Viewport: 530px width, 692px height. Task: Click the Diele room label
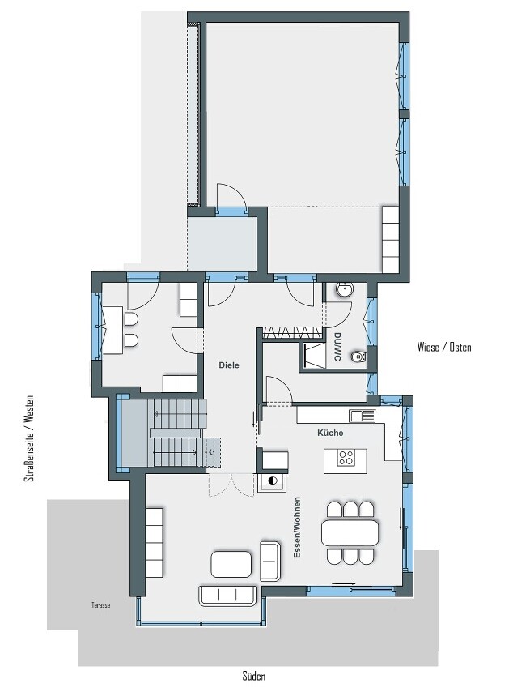coord(229,365)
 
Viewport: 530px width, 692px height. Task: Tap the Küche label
coord(330,433)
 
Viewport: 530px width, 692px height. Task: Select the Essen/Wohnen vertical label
coord(298,528)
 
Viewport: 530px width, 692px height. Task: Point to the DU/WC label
coord(337,347)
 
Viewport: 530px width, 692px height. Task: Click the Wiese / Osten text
coord(444,348)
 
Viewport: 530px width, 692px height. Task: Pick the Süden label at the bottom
coord(254,676)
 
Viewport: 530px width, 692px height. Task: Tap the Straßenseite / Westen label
coord(29,438)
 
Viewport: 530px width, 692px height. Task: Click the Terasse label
coord(101,605)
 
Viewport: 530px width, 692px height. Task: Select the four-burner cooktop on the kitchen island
coord(346,458)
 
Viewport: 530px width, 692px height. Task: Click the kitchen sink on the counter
coord(363,416)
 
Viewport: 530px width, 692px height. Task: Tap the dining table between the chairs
coord(350,532)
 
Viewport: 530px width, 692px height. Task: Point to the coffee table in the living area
coord(231,564)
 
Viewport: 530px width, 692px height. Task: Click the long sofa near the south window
coord(227,596)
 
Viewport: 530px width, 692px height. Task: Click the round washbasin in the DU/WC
coord(344,290)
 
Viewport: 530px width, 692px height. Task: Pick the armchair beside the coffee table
coord(270,561)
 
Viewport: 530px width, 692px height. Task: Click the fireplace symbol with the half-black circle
coord(271,481)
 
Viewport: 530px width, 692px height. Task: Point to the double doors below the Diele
coord(229,485)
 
